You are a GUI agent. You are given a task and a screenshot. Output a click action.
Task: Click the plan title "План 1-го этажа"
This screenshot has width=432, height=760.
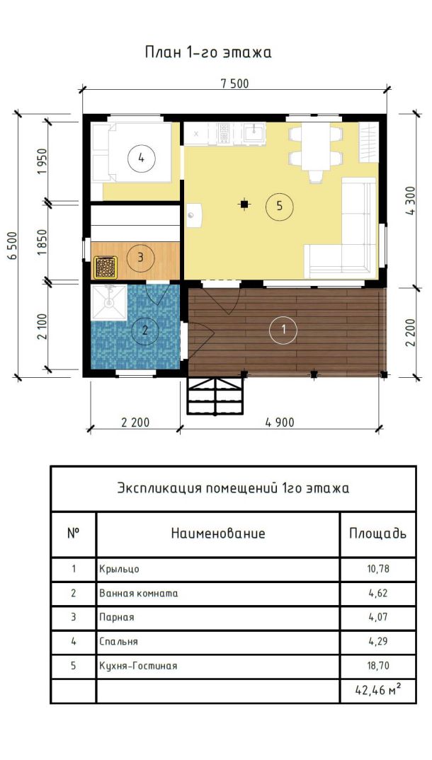pyautogui.click(x=208, y=52)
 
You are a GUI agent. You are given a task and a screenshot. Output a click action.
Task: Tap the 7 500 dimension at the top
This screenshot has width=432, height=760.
pyautogui.click(x=234, y=84)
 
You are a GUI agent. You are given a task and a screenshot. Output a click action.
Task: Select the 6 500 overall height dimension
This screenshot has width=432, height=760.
pyautogui.click(x=13, y=246)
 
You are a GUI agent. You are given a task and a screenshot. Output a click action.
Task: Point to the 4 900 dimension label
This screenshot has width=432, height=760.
pyautogui.click(x=280, y=422)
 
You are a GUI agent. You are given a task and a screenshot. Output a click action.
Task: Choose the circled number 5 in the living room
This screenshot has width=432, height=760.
pyautogui.click(x=279, y=206)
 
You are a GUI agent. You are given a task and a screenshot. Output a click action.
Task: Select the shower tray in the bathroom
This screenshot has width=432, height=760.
pyautogui.click(x=109, y=302)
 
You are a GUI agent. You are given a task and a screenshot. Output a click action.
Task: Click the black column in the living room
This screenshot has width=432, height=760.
pyautogui.click(x=245, y=205)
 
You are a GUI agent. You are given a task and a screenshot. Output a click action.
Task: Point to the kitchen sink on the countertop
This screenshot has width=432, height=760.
pyautogui.click(x=254, y=133)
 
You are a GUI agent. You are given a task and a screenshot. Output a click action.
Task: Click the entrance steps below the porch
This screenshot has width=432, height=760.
pyautogui.click(x=215, y=396)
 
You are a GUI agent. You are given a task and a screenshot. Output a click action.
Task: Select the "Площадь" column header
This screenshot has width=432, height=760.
pyautogui.click(x=378, y=534)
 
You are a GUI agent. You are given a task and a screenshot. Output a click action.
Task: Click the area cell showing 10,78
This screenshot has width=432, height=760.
pyautogui.click(x=378, y=569)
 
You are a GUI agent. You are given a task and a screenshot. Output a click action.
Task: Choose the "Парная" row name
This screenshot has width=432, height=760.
pyautogui.click(x=117, y=618)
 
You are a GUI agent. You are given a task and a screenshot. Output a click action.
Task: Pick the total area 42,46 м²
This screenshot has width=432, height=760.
pyautogui.click(x=378, y=690)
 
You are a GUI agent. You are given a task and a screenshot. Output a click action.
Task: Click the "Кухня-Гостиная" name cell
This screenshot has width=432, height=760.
pyautogui.click(x=138, y=666)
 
